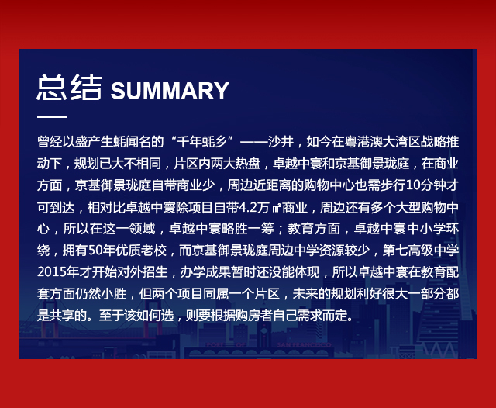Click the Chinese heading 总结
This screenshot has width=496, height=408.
click(x=70, y=88)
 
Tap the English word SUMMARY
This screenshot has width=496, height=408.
click(x=170, y=91)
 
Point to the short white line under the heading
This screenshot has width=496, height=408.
click(x=52, y=116)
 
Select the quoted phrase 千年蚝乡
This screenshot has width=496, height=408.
click(x=201, y=141)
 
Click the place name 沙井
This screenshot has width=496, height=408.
click(x=281, y=141)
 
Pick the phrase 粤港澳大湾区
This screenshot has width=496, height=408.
click(x=382, y=141)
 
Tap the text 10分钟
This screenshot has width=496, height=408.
click(x=425, y=185)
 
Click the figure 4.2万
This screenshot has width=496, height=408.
click(x=253, y=208)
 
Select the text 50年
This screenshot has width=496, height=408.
click(x=102, y=251)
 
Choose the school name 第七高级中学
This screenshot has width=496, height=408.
click(x=421, y=251)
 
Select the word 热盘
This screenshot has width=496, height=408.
click(x=248, y=164)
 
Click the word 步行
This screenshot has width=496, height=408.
click(x=393, y=185)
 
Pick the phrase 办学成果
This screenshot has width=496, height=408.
click(x=205, y=272)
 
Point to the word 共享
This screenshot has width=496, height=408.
click(x=62, y=315)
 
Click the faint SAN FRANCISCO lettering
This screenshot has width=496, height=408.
click(x=304, y=344)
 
